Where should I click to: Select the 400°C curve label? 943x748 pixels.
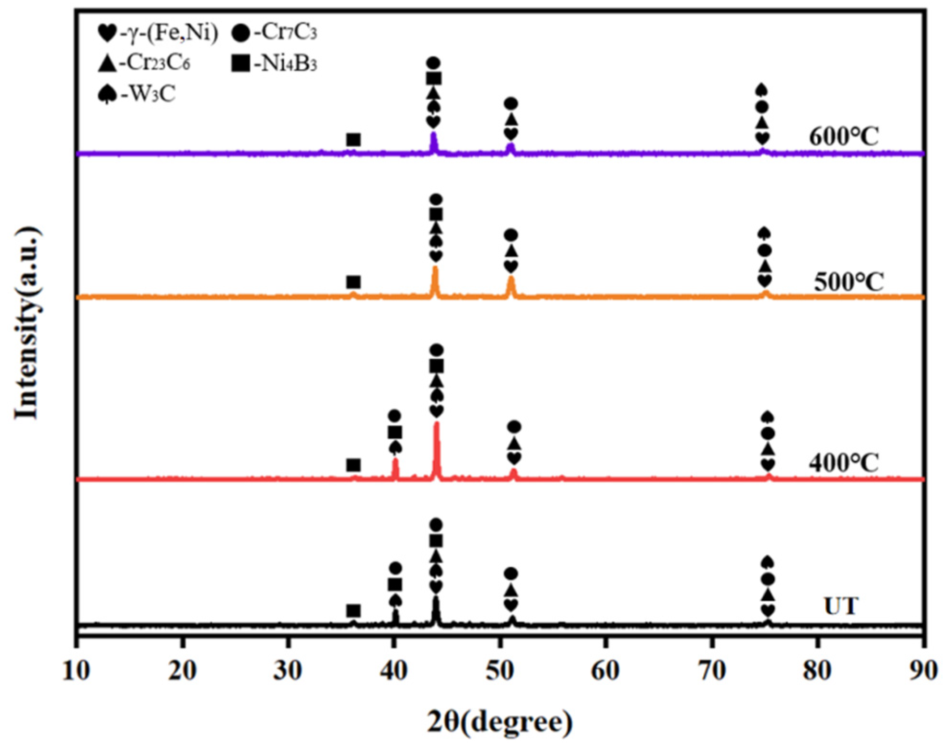(x=843, y=463)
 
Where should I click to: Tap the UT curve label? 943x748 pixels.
(x=841, y=606)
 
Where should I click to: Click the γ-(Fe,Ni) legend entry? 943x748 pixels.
(x=158, y=33)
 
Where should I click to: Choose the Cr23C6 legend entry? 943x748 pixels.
(x=143, y=63)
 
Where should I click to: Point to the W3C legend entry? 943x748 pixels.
(x=136, y=94)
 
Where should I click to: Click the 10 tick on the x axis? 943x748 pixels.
(x=76, y=670)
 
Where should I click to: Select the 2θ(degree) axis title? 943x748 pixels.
(x=500, y=722)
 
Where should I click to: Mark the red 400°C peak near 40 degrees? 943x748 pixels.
(x=396, y=463)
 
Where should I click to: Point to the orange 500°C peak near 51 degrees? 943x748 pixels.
(x=511, y=280)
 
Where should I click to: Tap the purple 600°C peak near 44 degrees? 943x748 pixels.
(x=434, y=137)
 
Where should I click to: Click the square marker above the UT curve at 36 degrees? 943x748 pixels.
(x=353, y=611)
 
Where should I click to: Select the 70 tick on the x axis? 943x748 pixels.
(x=712, y=670)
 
